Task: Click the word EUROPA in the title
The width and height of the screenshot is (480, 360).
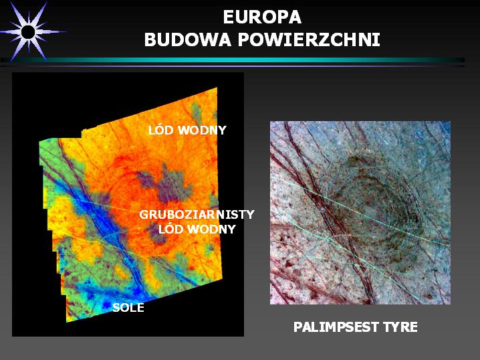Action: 262,17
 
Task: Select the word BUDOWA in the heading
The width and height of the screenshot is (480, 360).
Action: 187,40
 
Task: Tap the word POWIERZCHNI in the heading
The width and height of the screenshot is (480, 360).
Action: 309,40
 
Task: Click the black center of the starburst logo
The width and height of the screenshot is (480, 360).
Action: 29,32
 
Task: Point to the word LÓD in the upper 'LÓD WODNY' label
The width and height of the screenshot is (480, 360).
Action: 161,130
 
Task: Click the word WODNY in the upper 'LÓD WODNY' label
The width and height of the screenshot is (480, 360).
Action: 202,130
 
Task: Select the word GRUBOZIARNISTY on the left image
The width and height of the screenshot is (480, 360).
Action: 197,215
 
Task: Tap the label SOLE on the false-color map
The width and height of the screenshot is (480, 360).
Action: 128,308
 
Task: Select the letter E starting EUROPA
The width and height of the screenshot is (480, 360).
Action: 228,17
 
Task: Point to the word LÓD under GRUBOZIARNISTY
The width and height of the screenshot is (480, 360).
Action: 171,229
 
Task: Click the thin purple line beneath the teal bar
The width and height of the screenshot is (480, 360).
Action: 233,66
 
